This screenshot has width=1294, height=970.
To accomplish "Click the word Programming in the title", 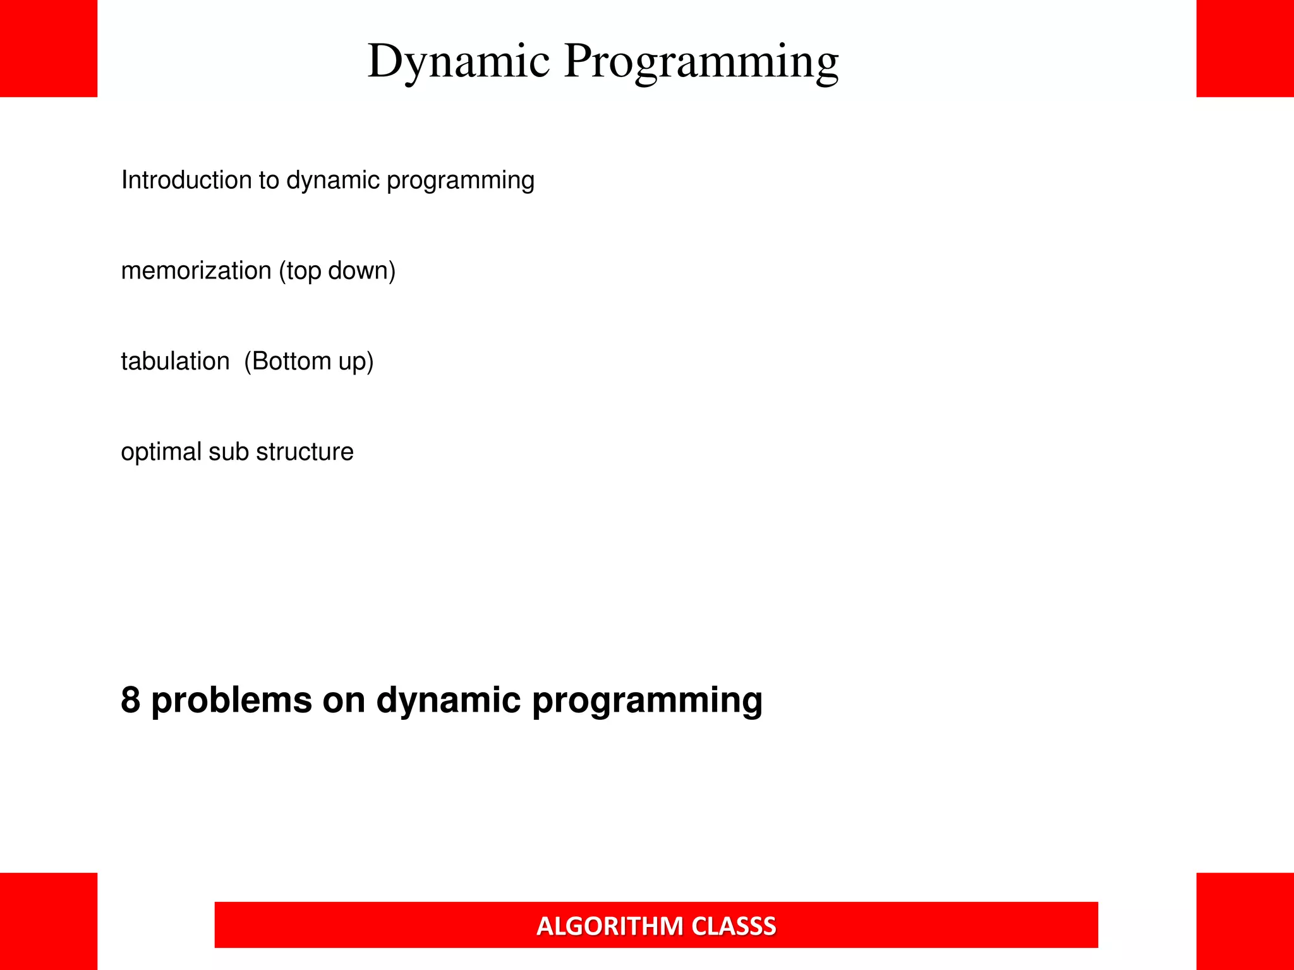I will [701, 62].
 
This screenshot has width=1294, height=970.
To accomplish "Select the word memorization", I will [196, 271].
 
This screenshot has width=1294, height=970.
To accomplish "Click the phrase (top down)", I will [337, 271].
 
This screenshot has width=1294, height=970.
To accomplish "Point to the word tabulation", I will [175, 361].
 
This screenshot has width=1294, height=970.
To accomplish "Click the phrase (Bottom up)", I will [309, 361].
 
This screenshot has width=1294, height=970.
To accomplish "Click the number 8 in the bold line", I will [130, 700].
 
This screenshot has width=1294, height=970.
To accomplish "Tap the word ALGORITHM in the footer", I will [610, 926].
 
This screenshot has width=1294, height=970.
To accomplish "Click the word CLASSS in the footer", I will [734, 926].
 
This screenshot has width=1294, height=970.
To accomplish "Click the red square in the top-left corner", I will [49, 48].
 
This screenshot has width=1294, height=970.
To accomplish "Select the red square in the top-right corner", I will [1245, 48].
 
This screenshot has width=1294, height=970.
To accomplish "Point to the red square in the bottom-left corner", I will [49, 921].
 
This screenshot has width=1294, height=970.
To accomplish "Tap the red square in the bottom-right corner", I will [1245, 921].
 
